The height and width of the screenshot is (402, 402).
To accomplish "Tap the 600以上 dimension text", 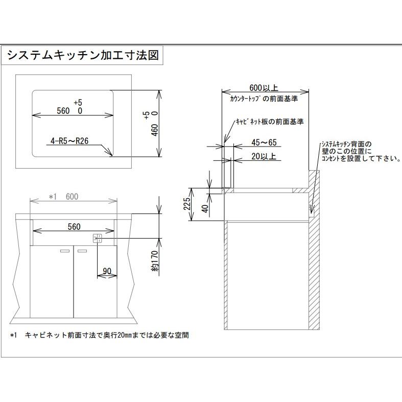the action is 265,87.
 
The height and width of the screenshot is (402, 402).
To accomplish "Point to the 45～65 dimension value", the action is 265,143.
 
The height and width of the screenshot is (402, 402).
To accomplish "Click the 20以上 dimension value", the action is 264,157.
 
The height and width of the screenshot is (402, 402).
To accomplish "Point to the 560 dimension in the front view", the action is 74,226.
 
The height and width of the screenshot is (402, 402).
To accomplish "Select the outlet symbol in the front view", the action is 98,238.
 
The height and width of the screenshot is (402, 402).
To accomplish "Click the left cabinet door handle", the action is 65,251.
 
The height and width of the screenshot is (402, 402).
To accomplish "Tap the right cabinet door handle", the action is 82,251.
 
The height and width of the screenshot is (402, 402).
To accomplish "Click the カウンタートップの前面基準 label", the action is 264,97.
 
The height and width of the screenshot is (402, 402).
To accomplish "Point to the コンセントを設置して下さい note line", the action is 360,159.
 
